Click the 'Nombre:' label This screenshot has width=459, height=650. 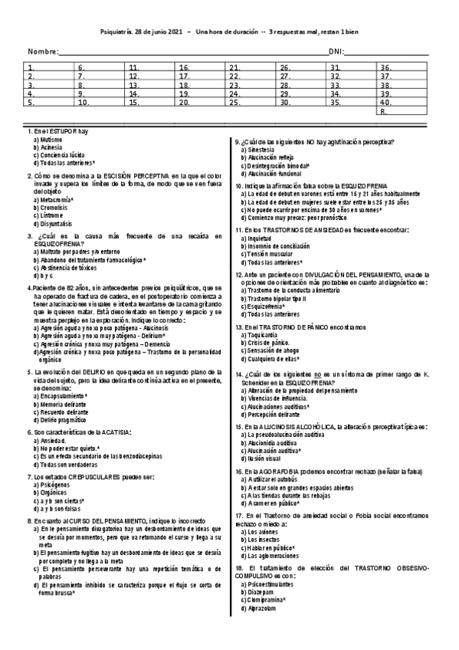point(42,51)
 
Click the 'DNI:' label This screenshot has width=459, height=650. point(336,51)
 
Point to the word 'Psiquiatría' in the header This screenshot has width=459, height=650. point(119,31)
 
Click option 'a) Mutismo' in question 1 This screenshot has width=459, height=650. point(47,140)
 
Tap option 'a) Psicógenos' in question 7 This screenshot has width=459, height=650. point(51,484)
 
